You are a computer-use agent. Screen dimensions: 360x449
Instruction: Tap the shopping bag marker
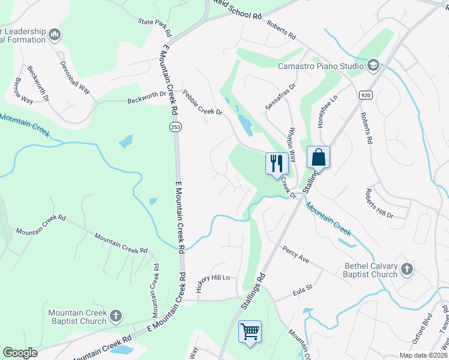[x=318, y=158]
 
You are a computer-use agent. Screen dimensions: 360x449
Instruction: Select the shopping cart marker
[x=250, y=331]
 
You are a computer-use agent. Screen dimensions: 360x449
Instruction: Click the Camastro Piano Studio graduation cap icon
[x=373, y=65]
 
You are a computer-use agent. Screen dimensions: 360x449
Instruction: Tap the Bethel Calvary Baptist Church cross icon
[x=407, y=269]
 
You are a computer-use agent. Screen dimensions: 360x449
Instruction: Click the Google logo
[x=20, y=352]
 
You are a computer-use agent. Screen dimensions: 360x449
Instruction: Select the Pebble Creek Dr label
[x=202, y=103]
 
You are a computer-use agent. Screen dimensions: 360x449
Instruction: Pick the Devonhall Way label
[x=74, y=74]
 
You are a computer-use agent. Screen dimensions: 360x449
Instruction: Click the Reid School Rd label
[x=237, y=12]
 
